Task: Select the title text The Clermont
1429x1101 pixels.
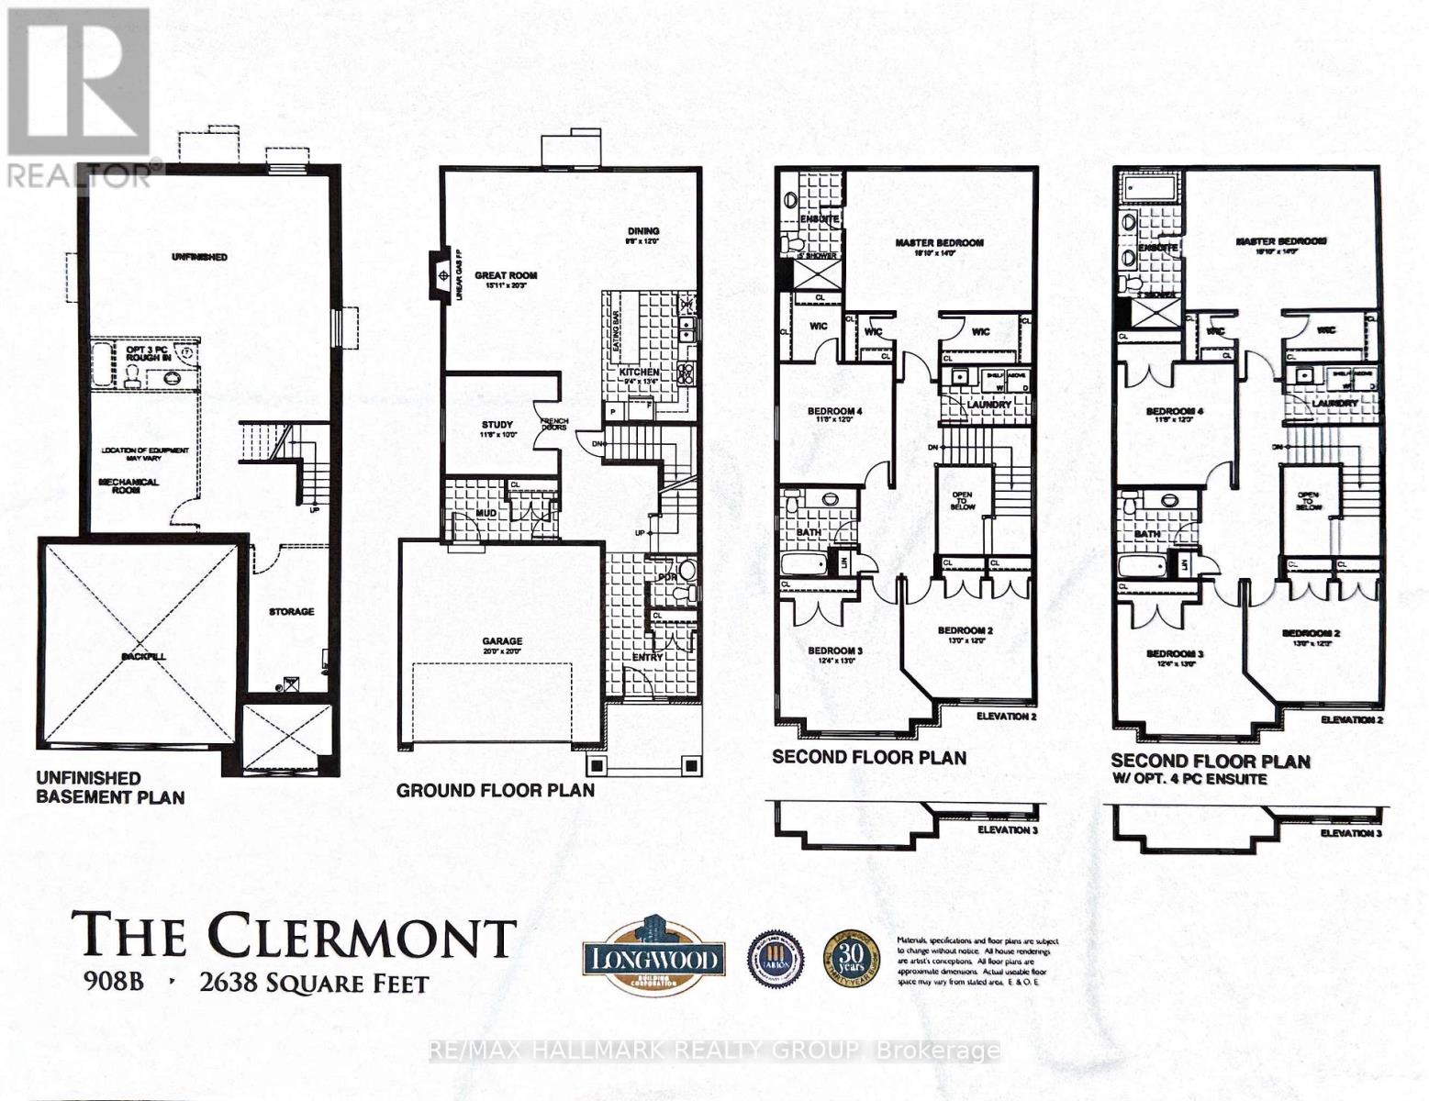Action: pos(294,936)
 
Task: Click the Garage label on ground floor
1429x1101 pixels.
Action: pos(503,641)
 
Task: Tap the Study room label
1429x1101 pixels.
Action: pos(497,425)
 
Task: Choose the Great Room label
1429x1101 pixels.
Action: pos(506,275)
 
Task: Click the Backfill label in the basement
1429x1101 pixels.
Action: pos(139,657)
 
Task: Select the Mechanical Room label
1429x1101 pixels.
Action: pos(128,486)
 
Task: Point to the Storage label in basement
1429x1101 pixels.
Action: pos(291,611)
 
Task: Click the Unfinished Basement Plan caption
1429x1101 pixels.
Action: pos(110,787)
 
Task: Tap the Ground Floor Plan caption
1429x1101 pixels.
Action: pos(496,790)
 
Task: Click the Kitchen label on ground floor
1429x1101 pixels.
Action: pos(641,372)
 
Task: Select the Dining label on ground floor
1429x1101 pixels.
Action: pos(643,231)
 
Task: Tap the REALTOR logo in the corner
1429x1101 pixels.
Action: pos(78,96)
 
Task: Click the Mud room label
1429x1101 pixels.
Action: pos(486,513)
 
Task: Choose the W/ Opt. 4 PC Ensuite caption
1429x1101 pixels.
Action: pos(1189,779)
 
